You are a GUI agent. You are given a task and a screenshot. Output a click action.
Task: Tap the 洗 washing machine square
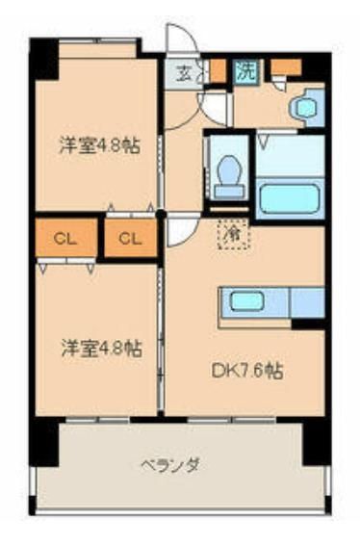click(246, 69)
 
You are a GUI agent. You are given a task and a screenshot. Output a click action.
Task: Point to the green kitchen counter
click(256, 303)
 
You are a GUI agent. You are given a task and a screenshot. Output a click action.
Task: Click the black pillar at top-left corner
click(44, 61)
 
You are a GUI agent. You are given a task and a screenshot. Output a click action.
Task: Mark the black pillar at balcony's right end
click(317, 443)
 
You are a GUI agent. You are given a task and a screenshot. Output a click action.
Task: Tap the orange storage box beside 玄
click(218, 69)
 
